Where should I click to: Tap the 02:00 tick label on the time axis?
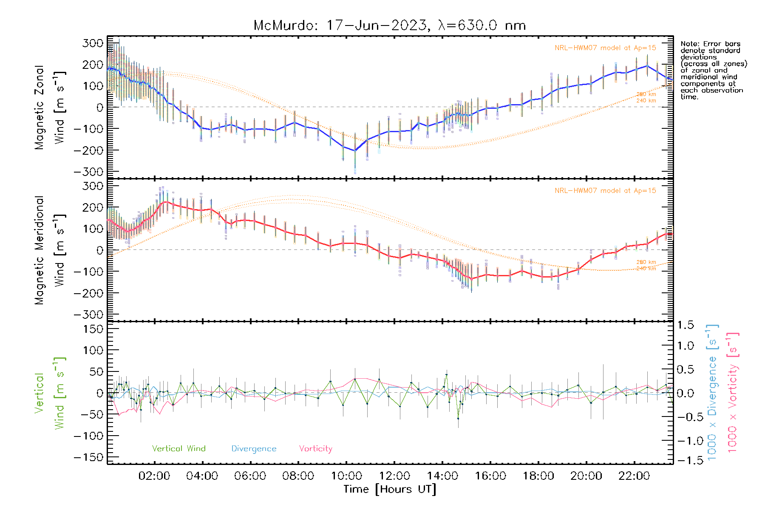(x=154, y=476)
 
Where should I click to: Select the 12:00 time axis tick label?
(x=394, y=476)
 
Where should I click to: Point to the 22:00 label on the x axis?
(x=634, y=476)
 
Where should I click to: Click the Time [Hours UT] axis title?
(x=390, y=489)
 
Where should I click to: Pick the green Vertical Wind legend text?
(x=178, y=449)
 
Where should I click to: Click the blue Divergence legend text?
(x=254, y=449)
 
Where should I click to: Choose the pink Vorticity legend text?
(x=315, y=449)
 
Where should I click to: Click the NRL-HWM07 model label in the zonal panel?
(x=605, y=48)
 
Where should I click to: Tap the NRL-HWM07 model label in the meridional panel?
(x=605, y=191)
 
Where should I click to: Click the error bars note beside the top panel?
(x=714, y=70)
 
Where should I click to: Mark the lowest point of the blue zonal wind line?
(x=355, y=150)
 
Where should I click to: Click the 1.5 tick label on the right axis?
(x=686, y=325)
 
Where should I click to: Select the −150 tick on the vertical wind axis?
(x=88, y=458)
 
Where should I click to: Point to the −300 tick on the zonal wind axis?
(x=88, y=172)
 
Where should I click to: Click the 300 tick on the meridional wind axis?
(x=93, y=186)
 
